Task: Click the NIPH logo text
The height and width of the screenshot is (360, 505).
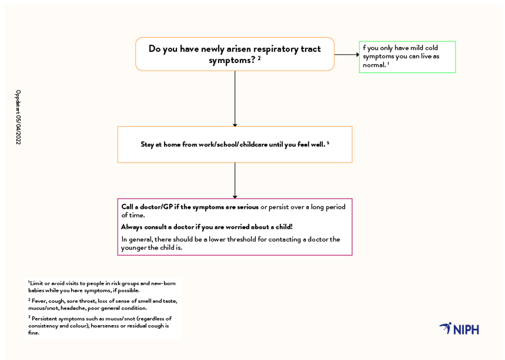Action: click(466, 329)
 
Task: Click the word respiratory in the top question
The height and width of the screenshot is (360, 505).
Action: click(276, 49)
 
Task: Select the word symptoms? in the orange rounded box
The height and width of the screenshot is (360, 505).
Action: click(232, 60)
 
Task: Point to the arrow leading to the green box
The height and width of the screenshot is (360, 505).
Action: click(347, 55)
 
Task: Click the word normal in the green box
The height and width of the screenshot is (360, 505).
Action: click(374, 65)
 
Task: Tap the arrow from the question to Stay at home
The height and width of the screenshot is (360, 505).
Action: click(235, 98)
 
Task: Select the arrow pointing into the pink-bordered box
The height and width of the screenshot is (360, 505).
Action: click(235, 180)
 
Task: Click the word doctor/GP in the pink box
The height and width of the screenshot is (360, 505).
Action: click(156, 207)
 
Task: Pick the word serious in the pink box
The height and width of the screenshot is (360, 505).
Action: click(248, 207)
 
